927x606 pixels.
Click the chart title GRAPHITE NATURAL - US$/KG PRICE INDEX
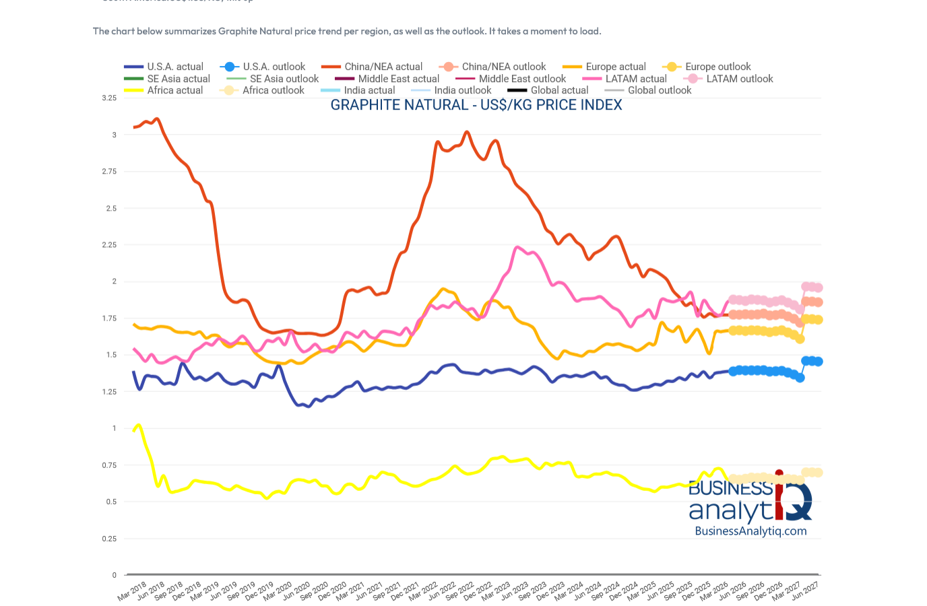[476, 105]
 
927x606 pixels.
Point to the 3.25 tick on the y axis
[109, 98]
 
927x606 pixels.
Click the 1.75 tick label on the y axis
[109, 318]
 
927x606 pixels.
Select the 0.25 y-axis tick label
[109, 539]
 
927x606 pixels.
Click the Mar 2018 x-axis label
[132, 592]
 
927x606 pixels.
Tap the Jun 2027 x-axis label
[805, 592]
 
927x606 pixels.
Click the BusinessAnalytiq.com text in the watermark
[750, 531]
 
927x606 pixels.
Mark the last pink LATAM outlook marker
[818, 288]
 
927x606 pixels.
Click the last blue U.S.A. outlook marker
[818, 362]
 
